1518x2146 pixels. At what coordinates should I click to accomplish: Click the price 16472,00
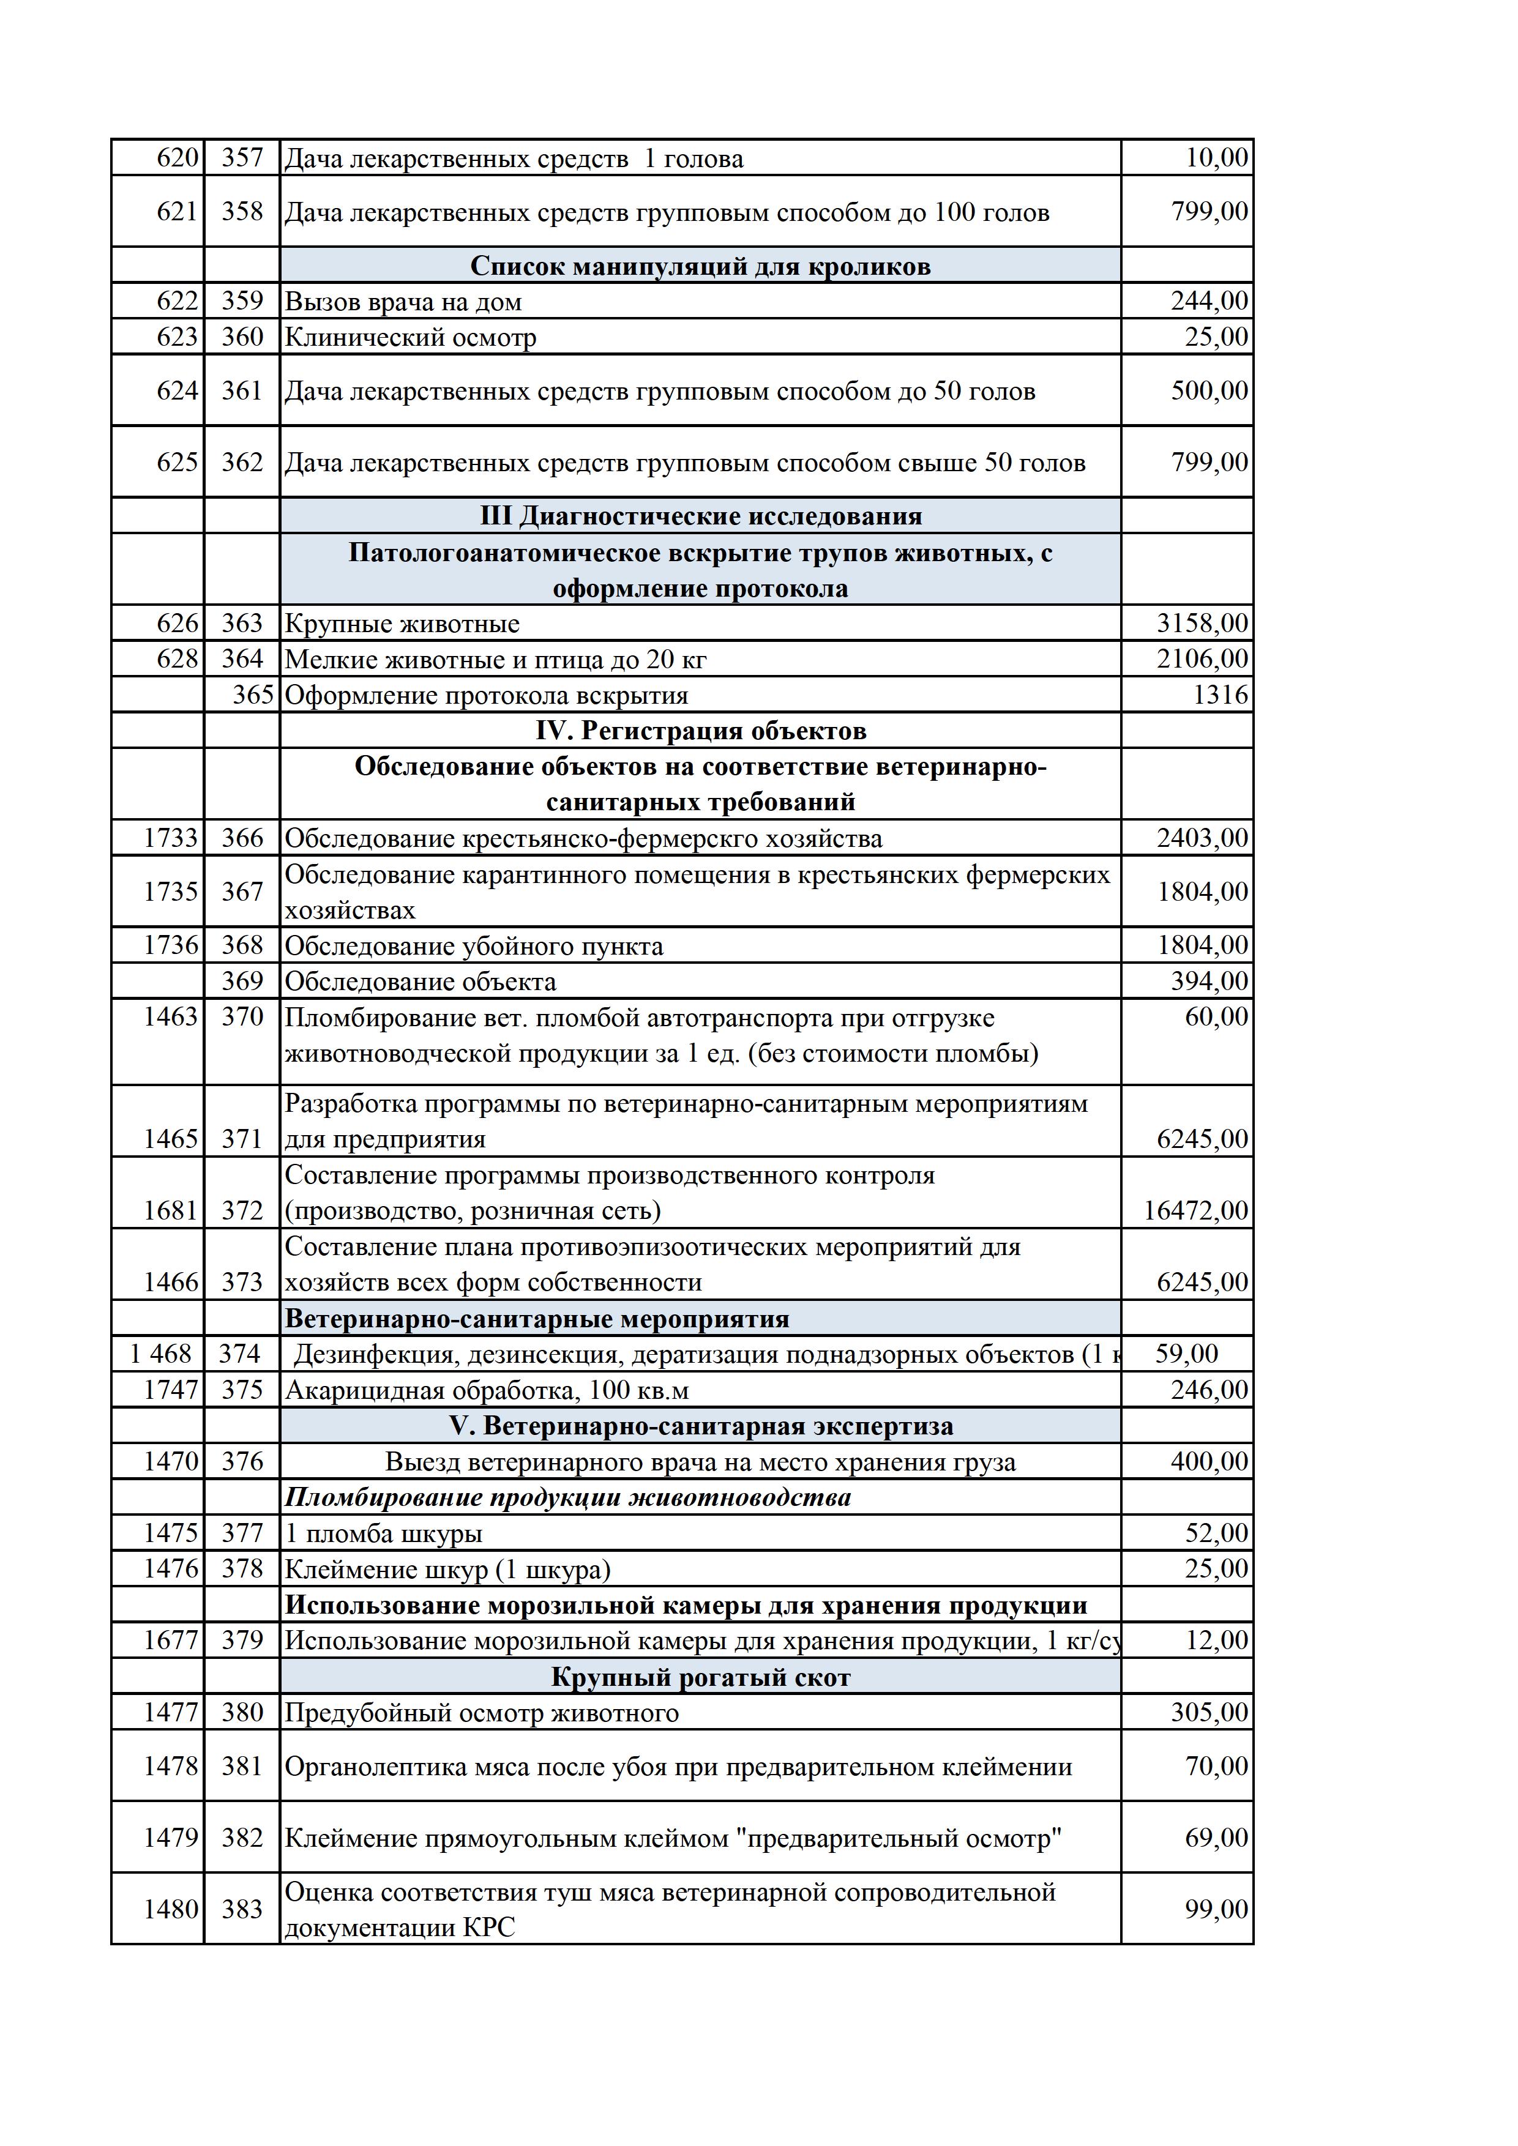coord(1195,1212)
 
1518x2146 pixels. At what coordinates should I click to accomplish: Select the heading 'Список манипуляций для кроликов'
coord(700,266)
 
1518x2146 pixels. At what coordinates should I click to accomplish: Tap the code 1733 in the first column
coord(170,838)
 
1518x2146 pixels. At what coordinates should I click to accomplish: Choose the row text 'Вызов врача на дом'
coord(403,302)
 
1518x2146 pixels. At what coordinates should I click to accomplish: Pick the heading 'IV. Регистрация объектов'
coord(700,731)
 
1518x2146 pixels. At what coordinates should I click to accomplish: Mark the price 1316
coord(1220,695)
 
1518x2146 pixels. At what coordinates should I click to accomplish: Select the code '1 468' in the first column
coord(161,1354)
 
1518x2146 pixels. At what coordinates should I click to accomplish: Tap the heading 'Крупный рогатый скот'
coord(700,1678)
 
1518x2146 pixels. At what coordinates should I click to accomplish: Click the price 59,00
coord(1186,1354)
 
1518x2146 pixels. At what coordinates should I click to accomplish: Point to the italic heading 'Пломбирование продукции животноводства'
coord(567,1498)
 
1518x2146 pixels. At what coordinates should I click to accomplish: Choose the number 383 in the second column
coord(242,1910)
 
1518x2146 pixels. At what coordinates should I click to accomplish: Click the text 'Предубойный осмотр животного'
coord(481,1713)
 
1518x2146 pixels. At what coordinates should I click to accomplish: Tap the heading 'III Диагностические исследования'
coord(700,517)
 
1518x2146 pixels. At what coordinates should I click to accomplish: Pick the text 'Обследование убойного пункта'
coord(474,947)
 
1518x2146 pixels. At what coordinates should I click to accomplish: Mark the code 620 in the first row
coord(178,158)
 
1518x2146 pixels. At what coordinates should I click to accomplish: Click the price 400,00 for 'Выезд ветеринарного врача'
coord(1209,1462)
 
